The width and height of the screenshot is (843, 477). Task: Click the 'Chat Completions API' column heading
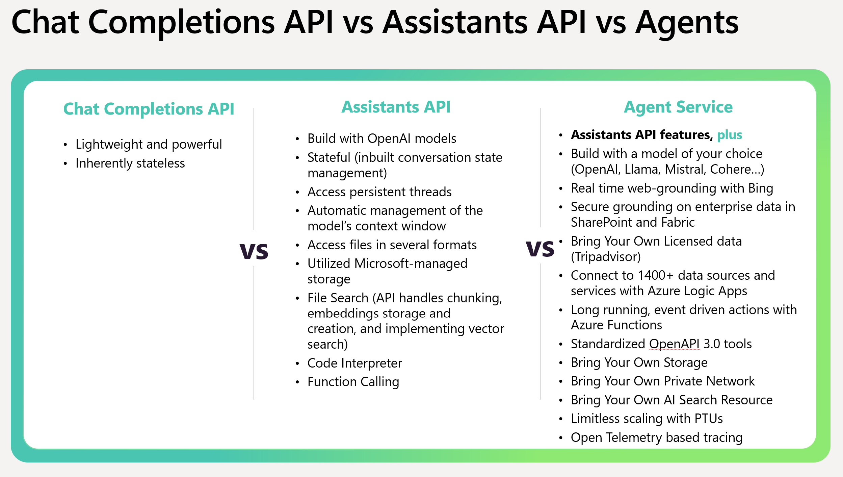149,109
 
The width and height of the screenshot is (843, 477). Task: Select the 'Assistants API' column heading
396,107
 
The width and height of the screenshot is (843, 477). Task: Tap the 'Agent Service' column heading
678,107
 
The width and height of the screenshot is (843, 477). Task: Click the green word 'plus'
730,135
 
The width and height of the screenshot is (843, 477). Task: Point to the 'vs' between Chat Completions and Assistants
254,251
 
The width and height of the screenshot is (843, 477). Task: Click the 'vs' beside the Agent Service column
540,249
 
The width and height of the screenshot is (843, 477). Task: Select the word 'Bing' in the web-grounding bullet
761,189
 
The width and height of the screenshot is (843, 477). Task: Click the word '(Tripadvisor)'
606,257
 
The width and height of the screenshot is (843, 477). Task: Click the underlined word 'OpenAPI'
675,344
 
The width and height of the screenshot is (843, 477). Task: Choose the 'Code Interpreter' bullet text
355,363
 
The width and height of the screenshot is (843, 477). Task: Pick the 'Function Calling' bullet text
353,382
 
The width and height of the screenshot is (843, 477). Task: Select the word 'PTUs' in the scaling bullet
709,419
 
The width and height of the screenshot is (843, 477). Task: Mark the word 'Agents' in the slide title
687,23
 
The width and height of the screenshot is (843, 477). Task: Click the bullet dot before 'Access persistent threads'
297,192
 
